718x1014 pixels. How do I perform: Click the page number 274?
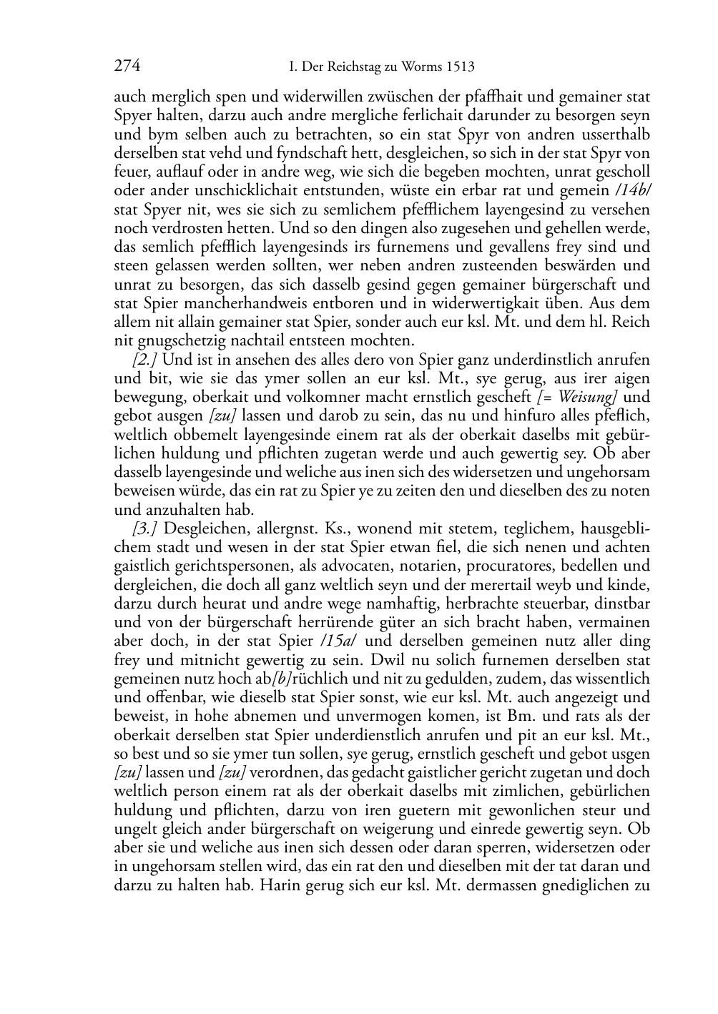click(x=127, y=67)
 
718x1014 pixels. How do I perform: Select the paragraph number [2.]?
click(x=144, y=360)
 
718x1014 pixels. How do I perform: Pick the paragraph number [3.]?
click(x=144, y=528)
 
